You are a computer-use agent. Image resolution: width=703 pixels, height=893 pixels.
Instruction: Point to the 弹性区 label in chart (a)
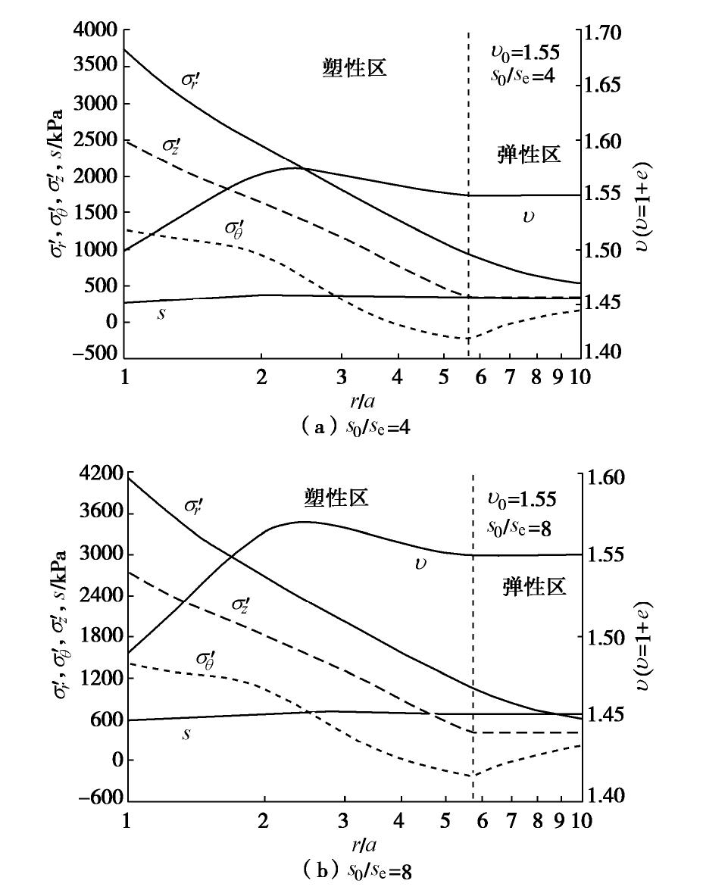(529, 155)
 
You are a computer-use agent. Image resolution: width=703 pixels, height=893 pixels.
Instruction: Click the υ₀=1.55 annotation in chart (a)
(523, 53)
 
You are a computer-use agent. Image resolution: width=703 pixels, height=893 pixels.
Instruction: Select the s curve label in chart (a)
(161, 313)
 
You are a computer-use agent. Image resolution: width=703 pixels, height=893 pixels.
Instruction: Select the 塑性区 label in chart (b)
(336, 498)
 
